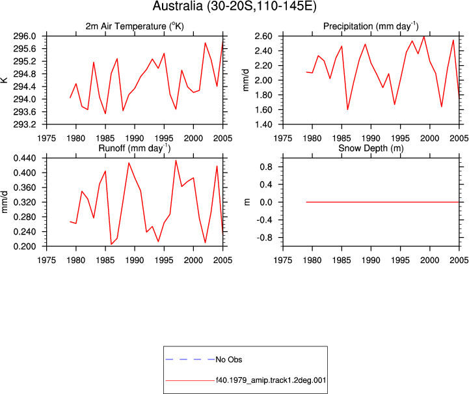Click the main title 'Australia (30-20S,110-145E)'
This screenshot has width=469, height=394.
point(234,6)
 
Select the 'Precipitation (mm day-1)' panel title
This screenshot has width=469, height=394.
point(371,26)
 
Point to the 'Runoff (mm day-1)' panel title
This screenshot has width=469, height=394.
point(135,148)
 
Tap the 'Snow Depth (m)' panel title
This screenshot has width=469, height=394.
point(371,148)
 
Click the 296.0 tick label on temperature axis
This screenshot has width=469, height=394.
point(25,36)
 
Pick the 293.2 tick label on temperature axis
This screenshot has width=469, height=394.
point(25,124)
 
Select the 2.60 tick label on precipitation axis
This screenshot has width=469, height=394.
point(263,36)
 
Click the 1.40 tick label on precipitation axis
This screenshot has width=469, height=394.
point(263,124)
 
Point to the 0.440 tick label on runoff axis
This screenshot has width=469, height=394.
point(25,158)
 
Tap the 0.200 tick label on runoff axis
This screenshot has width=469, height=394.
point(25,246)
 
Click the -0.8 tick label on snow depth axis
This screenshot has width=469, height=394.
point(264,238)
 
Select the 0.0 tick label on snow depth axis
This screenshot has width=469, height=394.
point(266,203)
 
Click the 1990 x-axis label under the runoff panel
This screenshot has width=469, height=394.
point(135,260)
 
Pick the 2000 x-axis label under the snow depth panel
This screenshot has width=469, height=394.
point(430,260)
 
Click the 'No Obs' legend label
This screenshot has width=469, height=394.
point(229,359)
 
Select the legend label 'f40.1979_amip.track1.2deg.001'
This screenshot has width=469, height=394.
point(271,380)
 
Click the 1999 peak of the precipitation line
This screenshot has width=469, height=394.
point(424,37)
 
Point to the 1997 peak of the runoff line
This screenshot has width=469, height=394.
point(176,160)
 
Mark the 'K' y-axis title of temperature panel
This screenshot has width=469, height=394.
point(4,80)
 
